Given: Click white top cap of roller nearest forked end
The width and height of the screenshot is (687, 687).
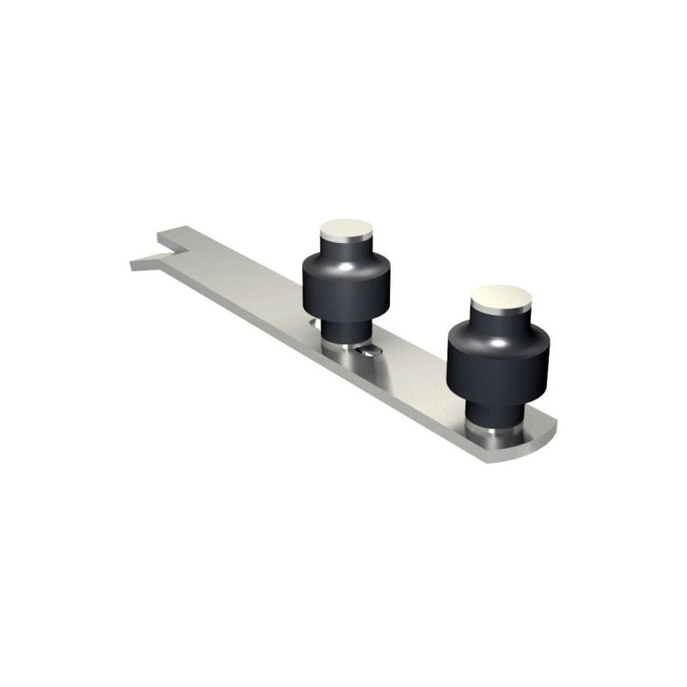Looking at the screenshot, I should [346, 228].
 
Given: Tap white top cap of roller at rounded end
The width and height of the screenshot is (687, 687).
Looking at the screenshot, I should [501, 297].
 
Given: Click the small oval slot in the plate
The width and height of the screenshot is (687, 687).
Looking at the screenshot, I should [369, 350].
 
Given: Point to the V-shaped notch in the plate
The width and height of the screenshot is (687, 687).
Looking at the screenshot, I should [172, 252].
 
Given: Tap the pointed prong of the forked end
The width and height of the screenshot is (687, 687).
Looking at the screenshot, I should [137, 264].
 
